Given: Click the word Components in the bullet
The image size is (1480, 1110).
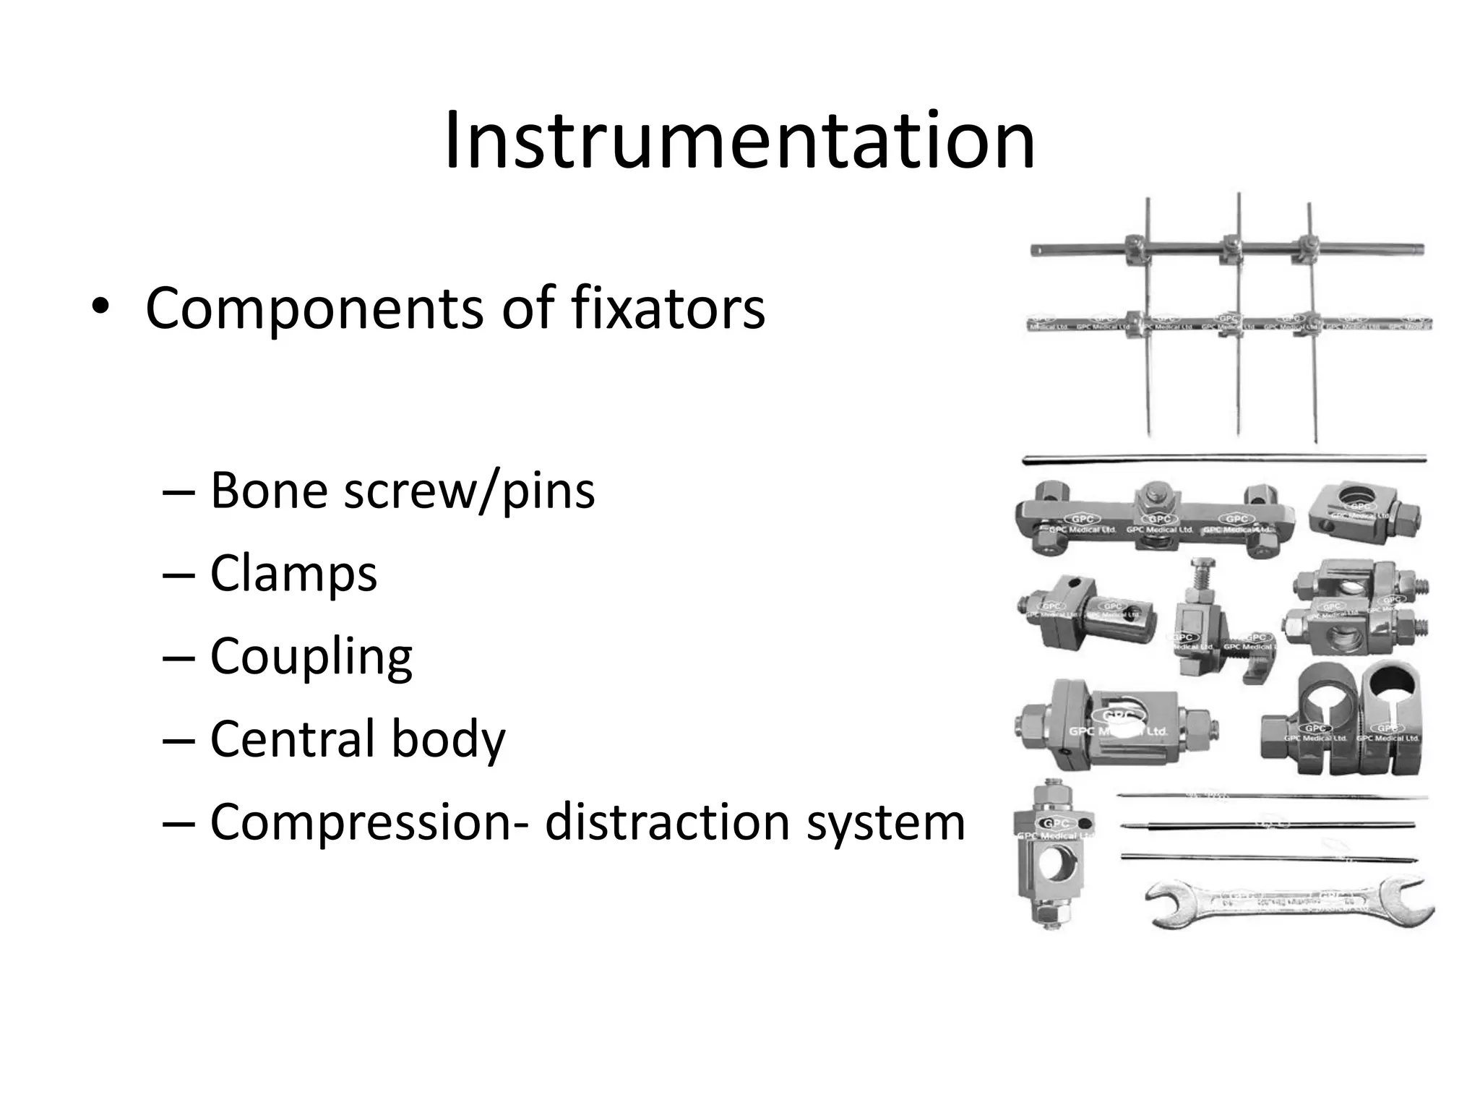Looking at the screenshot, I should [314, 309].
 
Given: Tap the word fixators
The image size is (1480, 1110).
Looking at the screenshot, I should [668, 309].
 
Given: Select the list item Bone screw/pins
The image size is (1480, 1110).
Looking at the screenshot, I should [402, 491].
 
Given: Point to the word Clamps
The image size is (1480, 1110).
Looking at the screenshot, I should [293, 574].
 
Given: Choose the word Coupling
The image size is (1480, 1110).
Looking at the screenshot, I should [311, 657].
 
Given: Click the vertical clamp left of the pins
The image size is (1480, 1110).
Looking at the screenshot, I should [1054, 853].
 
